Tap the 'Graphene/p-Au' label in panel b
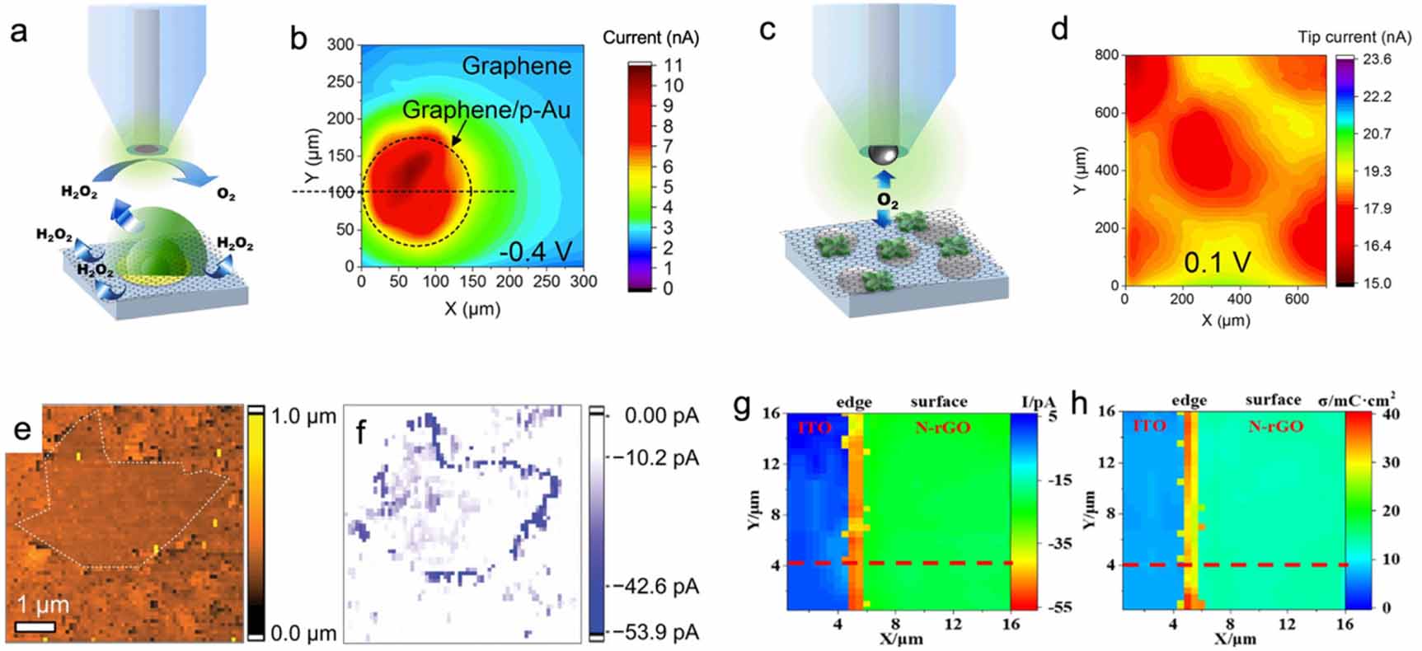point(486,110)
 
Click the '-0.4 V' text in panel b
point(535,251)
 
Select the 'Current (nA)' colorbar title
point(650,37)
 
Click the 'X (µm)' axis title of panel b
point(472,309)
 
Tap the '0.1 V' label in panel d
point(1217,262)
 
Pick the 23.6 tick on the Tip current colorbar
point(1377,59)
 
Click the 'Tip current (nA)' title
point(1354,37)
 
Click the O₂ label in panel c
point(887,199)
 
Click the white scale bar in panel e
point(35,626)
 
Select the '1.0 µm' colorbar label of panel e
point(303,416)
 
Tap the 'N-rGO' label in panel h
point(1274,426)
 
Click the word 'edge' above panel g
point(853,402)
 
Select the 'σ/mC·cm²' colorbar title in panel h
point(1356,400)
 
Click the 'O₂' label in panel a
point(225,194)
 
